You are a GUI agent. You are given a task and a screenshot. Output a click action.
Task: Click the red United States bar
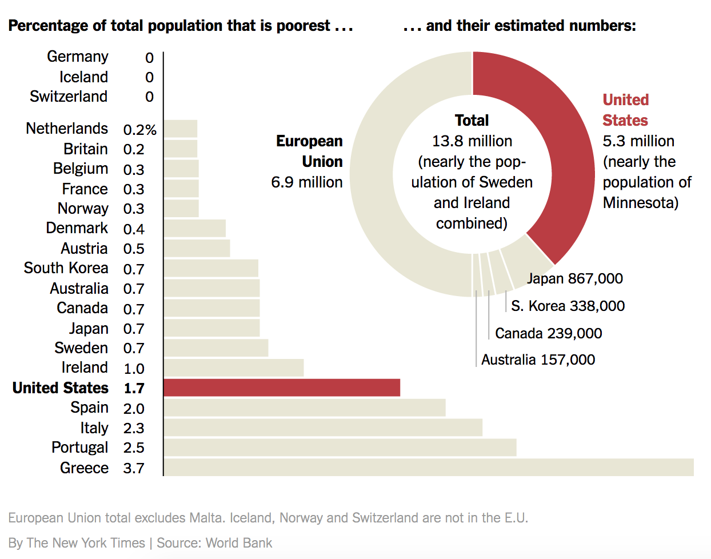[x=281, y=388]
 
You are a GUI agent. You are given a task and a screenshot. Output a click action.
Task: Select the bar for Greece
[x=429, y=468]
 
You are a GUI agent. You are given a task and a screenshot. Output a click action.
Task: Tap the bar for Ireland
[x=233, y=368]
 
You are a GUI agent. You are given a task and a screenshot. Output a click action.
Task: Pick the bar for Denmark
[x=194, y=229]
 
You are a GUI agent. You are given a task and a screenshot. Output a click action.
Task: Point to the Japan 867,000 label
[x=574, y=279]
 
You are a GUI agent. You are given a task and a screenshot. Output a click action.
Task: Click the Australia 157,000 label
[x=538, y=360]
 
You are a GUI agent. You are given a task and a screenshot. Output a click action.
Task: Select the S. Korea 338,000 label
[x=568, y=306]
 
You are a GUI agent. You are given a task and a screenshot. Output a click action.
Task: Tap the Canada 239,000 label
[x=548, y=333]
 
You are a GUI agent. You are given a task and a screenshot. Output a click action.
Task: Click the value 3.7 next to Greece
[x=134, y=469]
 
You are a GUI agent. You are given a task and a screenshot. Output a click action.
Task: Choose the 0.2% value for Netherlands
[x=139, y=130]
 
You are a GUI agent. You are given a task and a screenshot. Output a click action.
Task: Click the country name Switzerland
[x=69, y=97]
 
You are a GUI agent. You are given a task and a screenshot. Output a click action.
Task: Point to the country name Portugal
[x=79, y=448]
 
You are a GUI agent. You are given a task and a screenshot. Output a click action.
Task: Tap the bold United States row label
[x=61, y=388]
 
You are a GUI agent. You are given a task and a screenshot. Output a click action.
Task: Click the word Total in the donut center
[x=472, y=121]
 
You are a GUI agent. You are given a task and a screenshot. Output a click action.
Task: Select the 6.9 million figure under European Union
[x=307, y=182]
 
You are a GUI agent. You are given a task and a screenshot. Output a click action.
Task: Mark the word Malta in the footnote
[x=209, y=518]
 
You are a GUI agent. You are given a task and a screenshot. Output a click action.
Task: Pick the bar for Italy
[x=323, y=428]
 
